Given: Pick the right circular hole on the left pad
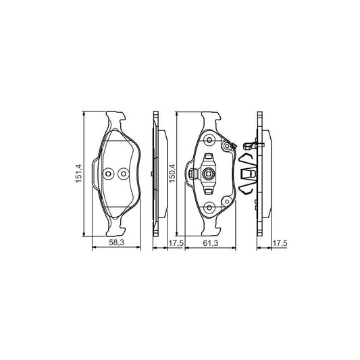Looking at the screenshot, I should pos(122,173).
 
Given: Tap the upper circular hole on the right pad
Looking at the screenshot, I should pos(209,141).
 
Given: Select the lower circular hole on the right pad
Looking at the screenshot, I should pos(209,207).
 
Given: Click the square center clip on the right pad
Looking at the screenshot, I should pos(209,175).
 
